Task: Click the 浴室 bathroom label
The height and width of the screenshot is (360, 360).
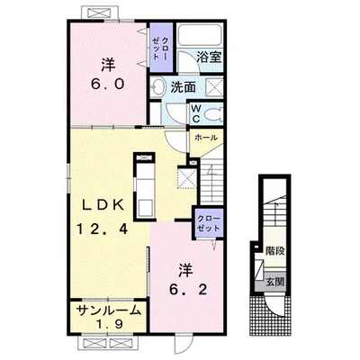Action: [x=209, y=58]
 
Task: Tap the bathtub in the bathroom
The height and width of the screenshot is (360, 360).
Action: [x=200, y=34]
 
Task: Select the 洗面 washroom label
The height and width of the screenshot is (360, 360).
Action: [x=183, y=87]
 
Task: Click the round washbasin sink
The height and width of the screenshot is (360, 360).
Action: [x=157, y=86]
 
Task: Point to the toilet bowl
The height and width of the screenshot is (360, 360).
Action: [x=213, y=114]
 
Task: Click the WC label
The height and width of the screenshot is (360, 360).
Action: [x=196, y=113]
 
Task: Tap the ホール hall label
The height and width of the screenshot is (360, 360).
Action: [x=206, y=138]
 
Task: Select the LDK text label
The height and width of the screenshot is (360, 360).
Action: [x=103, y=205]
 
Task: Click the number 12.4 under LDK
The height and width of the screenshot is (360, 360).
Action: [x=103, y=229]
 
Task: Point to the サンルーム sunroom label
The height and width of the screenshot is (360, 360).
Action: [x=108, y=310]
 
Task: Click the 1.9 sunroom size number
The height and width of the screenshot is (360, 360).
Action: [x=109, y=325]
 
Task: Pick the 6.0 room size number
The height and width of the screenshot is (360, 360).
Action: [x=108, y=85]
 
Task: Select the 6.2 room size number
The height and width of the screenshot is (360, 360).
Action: [x=188, y=289]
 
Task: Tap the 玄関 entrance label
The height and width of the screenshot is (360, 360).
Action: [x=274, y=282]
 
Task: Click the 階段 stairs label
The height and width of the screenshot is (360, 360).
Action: [x=274, y=251]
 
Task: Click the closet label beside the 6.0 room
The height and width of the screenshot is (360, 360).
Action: [x=160, y=48]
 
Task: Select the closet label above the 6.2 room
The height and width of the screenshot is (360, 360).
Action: [x=209, y=223]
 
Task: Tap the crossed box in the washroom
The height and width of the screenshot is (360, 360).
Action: [x=215, y=87]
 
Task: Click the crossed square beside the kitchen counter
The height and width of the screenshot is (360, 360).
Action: [x=187, y=178]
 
